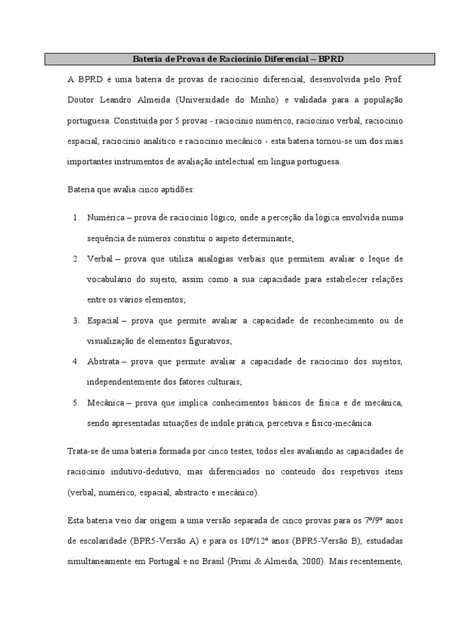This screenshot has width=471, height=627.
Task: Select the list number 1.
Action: coord(75,217)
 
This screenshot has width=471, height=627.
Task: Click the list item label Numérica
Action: coord(105,217)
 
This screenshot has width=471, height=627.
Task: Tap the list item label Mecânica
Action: coord(105,403)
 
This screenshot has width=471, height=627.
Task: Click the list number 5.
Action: coord(75,403)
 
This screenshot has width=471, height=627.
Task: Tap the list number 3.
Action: coord(75,320)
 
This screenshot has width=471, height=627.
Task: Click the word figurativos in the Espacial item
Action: coord(209,340)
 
